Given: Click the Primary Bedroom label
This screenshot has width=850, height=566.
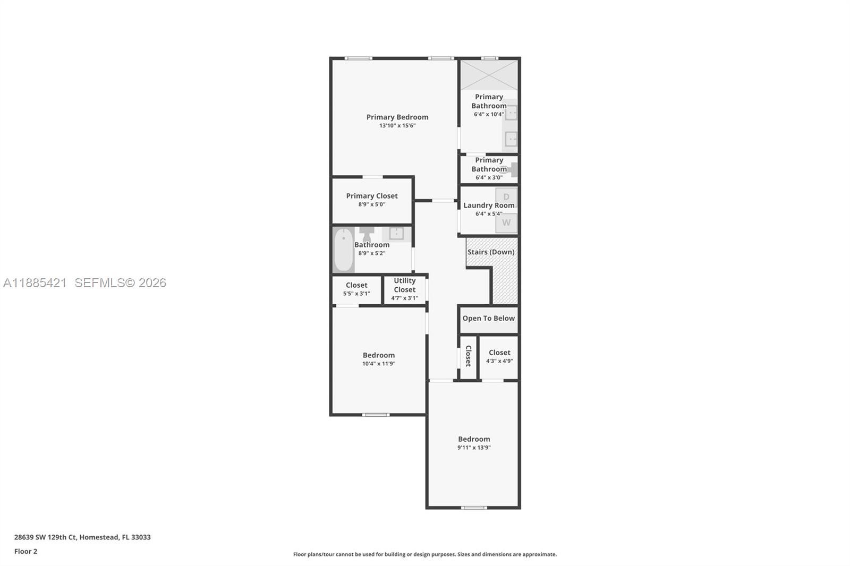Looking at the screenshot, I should tap(397, 117).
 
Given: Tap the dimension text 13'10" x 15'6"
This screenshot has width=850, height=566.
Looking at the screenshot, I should tap(397, 126).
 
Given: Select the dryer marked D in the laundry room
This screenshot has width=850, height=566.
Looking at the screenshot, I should tap(506, 197).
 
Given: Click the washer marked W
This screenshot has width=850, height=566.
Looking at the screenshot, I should tap(506, 223).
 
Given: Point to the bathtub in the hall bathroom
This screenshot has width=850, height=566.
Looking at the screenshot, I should tap(343, 250).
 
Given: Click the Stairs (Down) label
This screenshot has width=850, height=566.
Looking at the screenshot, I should tap(490, 252).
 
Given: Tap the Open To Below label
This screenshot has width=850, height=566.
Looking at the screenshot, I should tap(488, 318).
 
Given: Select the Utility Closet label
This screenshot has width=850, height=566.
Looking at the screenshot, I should tap(404, 285).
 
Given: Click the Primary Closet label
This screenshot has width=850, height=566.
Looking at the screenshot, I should tap(371, 196).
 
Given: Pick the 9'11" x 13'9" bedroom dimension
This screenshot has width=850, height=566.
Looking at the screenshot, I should tap(474, 448).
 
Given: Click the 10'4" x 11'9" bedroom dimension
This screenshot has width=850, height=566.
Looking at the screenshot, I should tap(378, 364).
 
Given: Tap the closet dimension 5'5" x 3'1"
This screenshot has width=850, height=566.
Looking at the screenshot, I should tap(356, 294).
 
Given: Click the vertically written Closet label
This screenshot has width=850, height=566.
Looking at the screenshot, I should tap(468, 356).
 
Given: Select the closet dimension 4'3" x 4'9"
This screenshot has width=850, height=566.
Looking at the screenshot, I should tap(499, 361).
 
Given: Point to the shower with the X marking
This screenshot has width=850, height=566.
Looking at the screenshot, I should tap(489, 75).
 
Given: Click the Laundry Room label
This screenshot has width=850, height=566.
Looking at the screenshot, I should tap(488, 205).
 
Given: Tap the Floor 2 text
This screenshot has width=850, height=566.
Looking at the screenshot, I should tap(25, 551).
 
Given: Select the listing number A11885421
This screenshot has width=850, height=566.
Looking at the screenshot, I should tap(35, 283).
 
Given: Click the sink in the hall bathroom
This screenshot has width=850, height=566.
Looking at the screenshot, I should tap(396, 233).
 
